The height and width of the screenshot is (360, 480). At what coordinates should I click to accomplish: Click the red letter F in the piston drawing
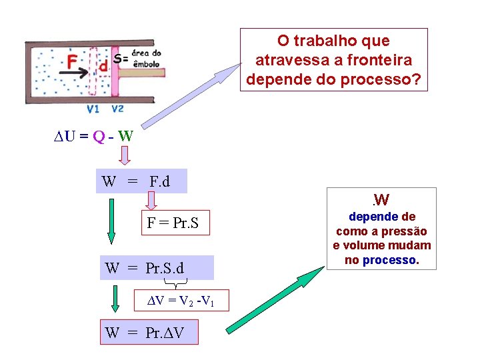tap(71, 62)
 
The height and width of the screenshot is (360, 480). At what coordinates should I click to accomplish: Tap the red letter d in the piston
tap(103, 65)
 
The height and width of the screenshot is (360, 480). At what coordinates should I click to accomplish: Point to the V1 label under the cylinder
tap(93, 109)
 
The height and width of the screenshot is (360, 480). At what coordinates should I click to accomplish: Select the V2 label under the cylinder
tap(117, 109)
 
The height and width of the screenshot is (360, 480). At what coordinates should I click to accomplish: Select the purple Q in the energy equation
tap(98, 137)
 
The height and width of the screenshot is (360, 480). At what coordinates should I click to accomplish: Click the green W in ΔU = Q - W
tap(125, 137)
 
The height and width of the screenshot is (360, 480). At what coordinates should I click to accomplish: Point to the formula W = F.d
tap(141, 181)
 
